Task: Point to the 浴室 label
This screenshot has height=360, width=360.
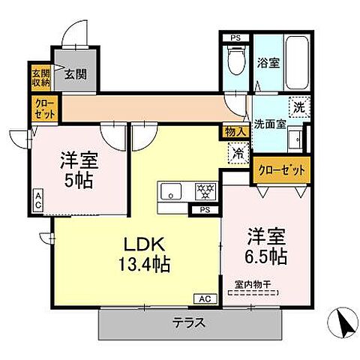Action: tap(268, 63)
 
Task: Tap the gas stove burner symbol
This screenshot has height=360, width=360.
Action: tap(204, 191)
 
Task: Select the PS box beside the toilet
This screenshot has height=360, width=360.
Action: tap(235, 37)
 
